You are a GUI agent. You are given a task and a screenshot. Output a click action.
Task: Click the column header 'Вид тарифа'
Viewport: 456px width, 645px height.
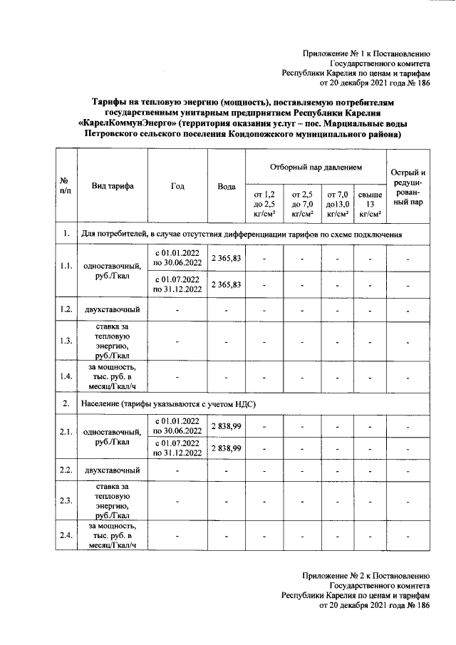tap(113, 186)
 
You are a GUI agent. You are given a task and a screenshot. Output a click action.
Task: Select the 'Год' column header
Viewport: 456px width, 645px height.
tap(177, 186)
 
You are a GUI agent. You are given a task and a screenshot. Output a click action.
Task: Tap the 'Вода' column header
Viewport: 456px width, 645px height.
tap(226, 186)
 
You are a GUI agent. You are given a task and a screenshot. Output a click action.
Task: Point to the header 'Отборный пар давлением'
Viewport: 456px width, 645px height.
tap(316, 167)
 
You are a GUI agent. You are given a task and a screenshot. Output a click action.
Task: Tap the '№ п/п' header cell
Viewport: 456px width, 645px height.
tap(65, 186)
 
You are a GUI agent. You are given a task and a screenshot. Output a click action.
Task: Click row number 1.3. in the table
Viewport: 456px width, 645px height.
tap(65, 341)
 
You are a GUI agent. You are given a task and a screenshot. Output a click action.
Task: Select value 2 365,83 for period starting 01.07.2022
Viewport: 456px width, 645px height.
tap(226, 284)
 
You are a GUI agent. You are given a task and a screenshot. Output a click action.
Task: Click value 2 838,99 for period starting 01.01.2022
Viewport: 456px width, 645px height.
tap(226, 425)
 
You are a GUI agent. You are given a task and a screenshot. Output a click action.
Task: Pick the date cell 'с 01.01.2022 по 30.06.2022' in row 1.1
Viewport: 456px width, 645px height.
tap(177, 257)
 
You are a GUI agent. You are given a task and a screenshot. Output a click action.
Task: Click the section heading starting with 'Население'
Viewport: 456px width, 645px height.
tap(168, 404)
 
